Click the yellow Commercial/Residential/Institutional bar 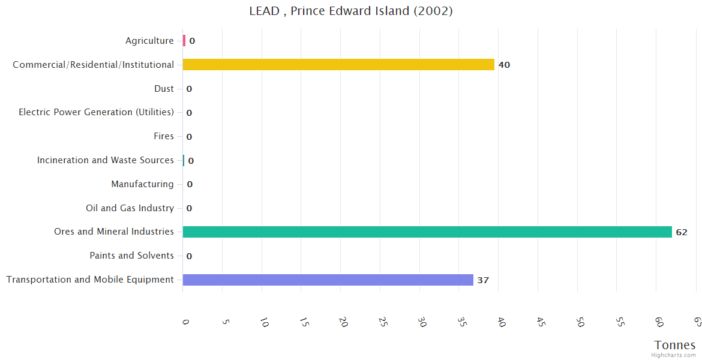[x=338, y=65]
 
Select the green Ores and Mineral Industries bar [x=427, y=232]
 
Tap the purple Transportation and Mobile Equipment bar [x=328, y=280]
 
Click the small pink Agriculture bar [x=184, y=41]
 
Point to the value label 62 [x=681, y=232]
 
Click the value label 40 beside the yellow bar [x=504, y=65]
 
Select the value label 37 [x=483, y=280]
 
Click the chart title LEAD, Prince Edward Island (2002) [x=351, y=11]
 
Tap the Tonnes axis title [x=675, y=345]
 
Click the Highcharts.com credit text [x=674, y=355]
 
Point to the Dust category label [x=164, y=89]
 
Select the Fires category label [x=163, y=136]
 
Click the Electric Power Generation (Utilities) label [x=96, y=112]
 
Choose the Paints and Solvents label [x=131, y=256]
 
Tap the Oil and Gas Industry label [x=130, y=208]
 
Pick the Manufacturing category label [x=142, y=184]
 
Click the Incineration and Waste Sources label [x=105, y=160]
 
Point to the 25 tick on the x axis [x=382, y=322]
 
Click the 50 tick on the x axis [x=580, y=322]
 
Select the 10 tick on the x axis [x=264, y=322]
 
